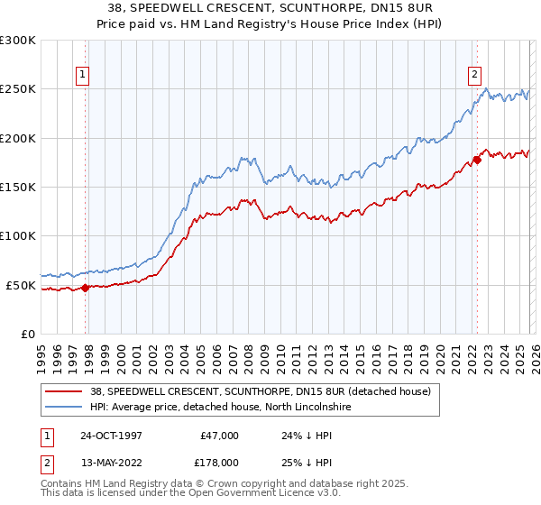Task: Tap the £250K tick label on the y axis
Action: click(x=18, y=89)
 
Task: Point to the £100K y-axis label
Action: click(x=18, y=236)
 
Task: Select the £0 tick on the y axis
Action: click(x=28, y=334)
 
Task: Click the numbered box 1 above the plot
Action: click(x=82, y=75)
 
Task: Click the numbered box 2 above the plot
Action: click(x=474, y=75)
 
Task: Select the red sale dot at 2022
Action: click(x=477, y=160)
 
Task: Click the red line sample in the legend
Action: click(x=63, y=391)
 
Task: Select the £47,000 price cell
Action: click(x=218, y=436)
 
